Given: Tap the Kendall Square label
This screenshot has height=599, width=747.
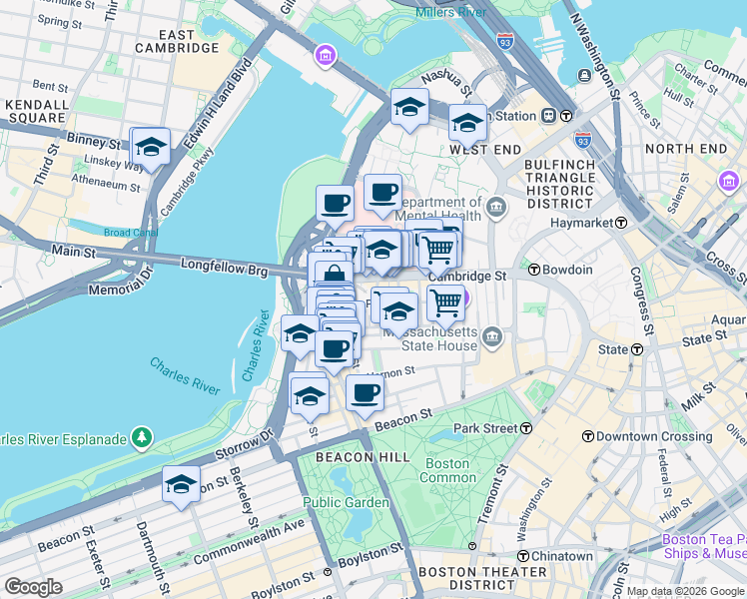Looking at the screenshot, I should click(37, 112).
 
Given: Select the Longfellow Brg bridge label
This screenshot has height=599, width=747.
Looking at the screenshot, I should click(227, 266).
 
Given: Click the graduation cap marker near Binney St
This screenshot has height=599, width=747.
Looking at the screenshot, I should click(150, 147).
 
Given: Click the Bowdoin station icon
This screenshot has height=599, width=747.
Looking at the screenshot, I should click(534, 270).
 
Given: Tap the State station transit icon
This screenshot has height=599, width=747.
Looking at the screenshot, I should click(635, 349).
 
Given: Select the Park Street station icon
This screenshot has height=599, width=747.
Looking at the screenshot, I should click(525, 427).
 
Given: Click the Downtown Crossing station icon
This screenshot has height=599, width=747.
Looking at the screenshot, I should click(588, 436).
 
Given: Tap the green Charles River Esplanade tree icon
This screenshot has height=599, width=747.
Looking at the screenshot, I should click(142, 437).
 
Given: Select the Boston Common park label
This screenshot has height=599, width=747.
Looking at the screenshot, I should click(447, 470).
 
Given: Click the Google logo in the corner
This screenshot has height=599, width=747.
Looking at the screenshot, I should click(34, 586).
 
